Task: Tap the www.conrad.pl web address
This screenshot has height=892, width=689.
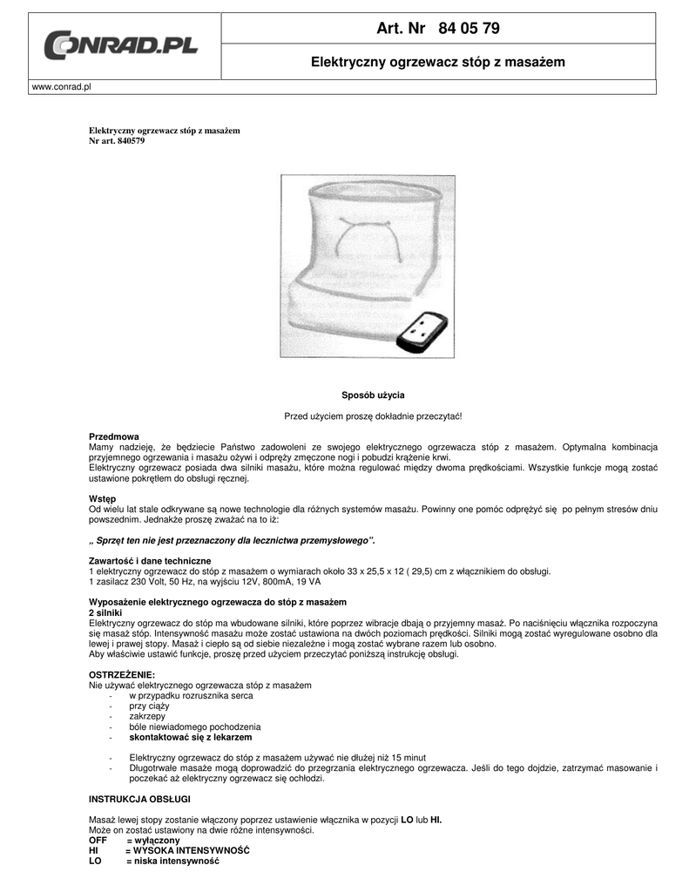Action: (62, 87)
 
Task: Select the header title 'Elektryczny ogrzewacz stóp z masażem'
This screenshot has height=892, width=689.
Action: (438, 62)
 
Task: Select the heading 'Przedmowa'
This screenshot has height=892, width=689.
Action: (114, 436)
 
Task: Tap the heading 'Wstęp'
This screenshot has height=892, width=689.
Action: (103, 498)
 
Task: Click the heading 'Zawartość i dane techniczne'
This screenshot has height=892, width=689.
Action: (150, 560)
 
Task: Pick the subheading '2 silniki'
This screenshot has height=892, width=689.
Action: (105, 612)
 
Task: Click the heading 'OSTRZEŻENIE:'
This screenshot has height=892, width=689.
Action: (122, 675)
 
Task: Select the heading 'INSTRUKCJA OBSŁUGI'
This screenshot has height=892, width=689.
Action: (139, 799)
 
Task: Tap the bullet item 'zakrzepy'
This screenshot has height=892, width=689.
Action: (147, 716)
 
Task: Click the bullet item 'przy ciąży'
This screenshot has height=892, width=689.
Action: (149, 706)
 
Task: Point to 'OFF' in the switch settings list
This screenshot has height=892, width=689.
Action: (98, 840)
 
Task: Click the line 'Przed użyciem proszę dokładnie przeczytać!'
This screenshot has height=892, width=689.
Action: (372, 416)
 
